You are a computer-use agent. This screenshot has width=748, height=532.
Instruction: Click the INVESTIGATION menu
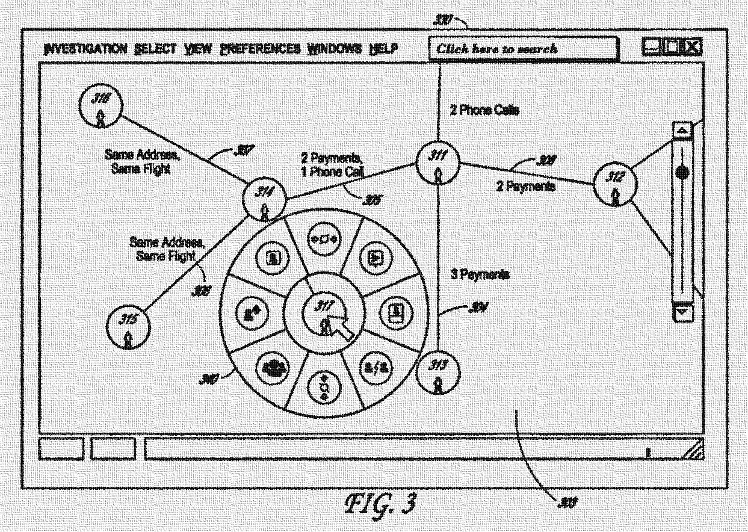85,49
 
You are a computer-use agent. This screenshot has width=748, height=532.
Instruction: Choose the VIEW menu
198,49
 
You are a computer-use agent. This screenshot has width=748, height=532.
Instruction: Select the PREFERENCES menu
260,49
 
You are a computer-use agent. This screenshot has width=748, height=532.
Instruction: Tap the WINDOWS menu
334,49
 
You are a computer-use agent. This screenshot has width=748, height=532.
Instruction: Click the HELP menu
383,49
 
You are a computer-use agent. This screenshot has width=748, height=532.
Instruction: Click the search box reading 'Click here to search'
523,49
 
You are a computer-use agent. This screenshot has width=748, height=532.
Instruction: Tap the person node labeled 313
438,371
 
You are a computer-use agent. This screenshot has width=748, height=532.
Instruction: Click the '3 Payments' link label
480,274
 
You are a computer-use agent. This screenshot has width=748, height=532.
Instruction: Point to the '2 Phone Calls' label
484,110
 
